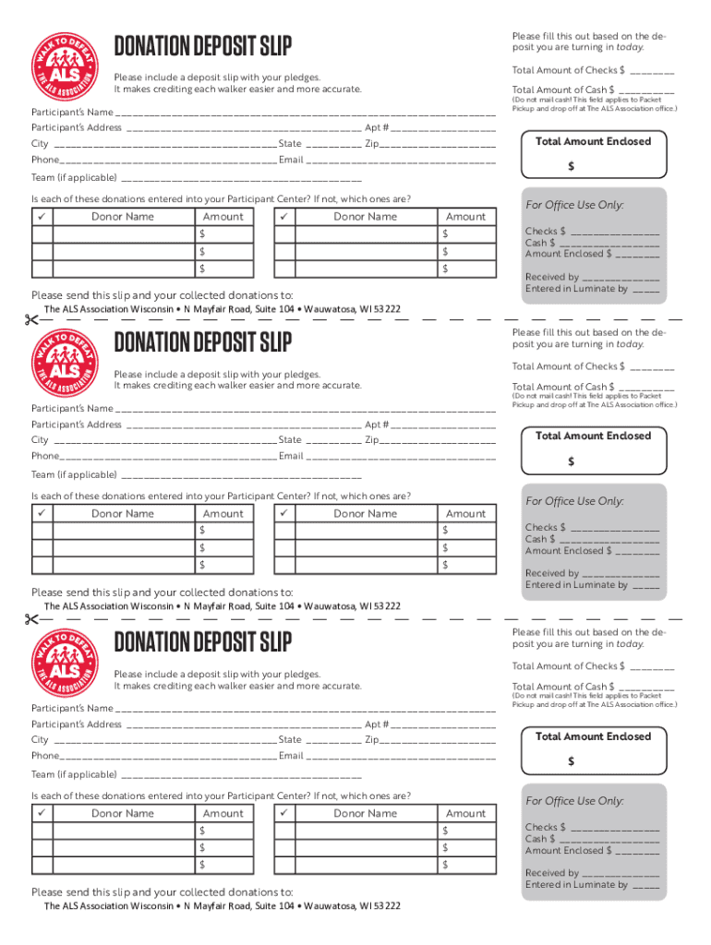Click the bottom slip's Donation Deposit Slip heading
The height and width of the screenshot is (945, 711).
[x=202, y=641]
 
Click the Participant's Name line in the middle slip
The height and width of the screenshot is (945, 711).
[x=305, y=408]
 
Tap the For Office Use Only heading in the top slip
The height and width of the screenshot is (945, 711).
[x=574, y=205]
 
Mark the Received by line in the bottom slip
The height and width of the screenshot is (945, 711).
[x=621, y=872]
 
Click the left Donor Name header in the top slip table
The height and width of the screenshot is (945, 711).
[x=123, y=217]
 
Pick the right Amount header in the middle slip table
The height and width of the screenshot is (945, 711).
[x=465, y=514]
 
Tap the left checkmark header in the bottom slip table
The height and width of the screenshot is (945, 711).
[x=42, y=813]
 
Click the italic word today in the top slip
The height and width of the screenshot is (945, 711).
[x=630, y=47]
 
